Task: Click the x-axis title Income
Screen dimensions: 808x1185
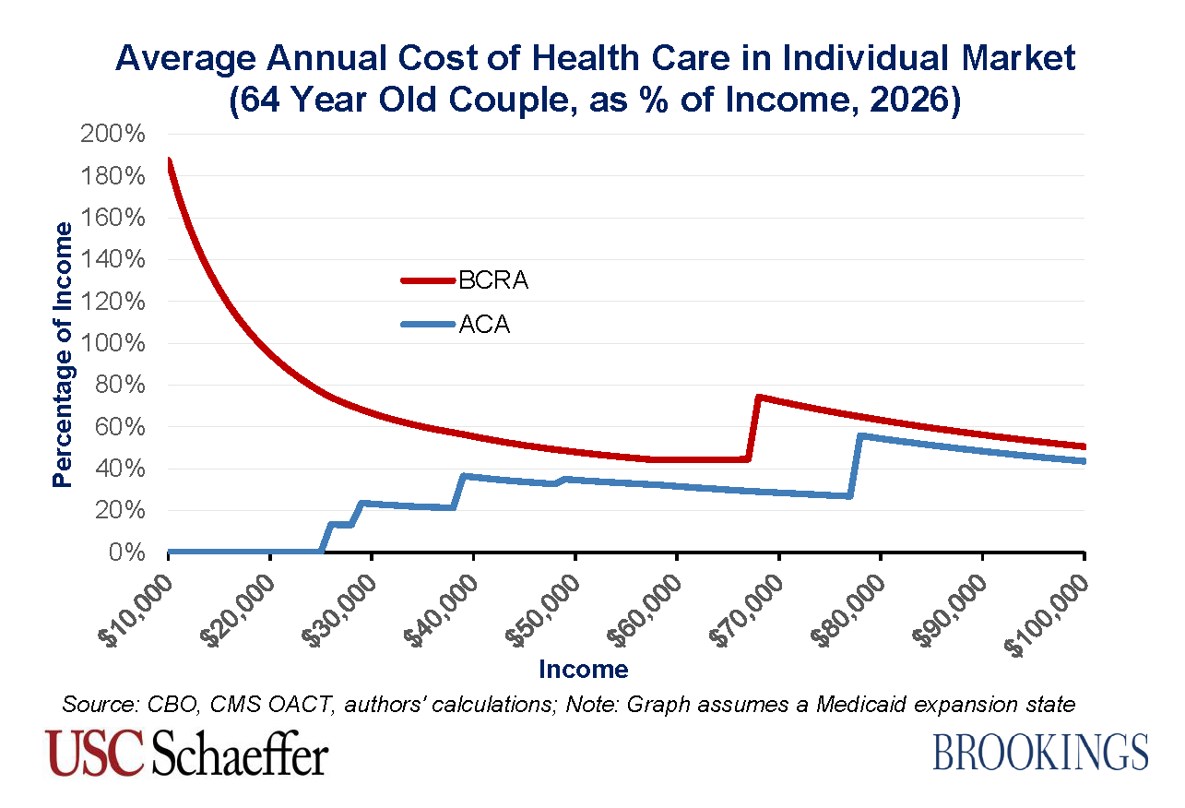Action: (583, 669)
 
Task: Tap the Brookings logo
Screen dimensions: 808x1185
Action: (1040, 752)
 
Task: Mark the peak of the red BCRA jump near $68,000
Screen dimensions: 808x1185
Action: (758, 398)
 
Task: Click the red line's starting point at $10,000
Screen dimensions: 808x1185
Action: (169, 160)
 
